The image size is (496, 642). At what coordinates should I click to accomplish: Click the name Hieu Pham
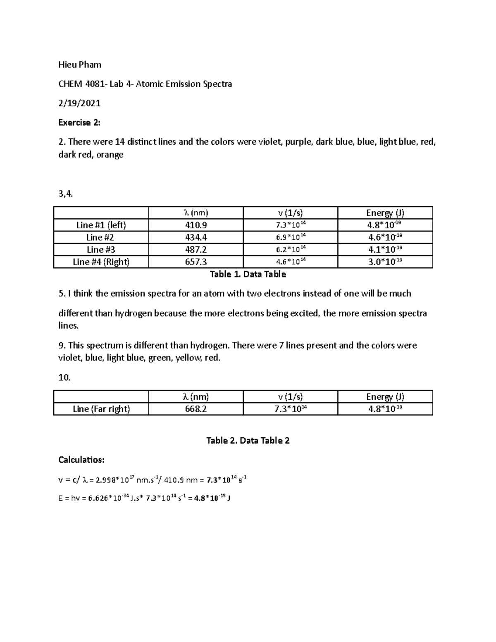coord(80,64)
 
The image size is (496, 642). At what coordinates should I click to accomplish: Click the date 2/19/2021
coord(79,103)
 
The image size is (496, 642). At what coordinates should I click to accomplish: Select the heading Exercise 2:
coord(79,122)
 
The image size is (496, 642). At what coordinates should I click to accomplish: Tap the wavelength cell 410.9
coord(196,225)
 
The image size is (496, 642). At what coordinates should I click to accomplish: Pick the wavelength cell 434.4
coord(196,237)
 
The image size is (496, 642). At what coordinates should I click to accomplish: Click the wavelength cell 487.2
coord(196,250)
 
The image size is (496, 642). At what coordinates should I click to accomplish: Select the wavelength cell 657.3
coord(196,262)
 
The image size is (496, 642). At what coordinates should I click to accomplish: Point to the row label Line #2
coord(100,237)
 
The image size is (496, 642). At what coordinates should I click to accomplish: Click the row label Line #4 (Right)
coord(101,262)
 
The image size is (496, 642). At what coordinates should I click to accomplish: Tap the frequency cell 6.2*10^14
coord(291,250)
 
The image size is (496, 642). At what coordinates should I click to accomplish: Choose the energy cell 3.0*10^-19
coord(385,262)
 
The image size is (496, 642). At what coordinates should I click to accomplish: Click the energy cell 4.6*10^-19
coord(385,237)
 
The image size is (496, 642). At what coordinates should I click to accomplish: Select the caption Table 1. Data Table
coord(248,274)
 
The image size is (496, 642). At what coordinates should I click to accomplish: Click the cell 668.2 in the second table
coord(196,409)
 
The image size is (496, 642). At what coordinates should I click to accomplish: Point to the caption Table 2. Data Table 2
coord(248,441)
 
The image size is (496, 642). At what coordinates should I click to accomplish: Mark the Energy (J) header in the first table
coord(385,213)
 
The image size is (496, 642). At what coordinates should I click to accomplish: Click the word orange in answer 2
coord(110,155)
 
